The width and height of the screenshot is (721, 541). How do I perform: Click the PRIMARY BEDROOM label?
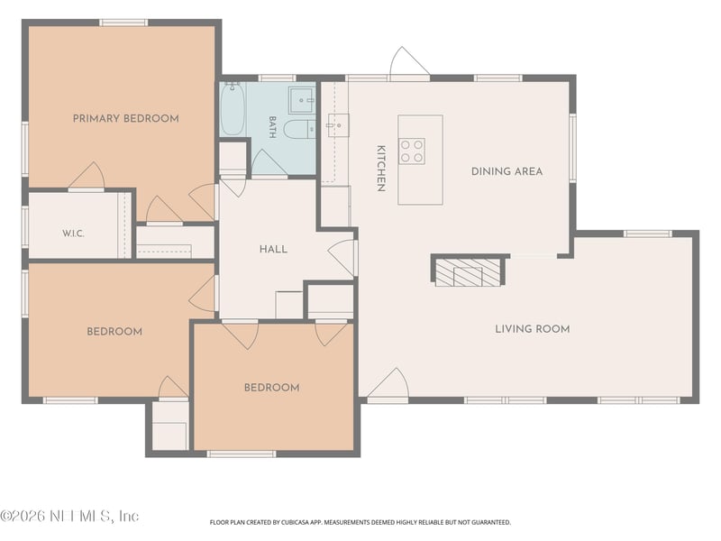click(126, 119)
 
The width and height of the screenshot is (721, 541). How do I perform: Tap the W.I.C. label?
click(73, 234)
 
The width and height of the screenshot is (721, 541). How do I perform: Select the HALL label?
click(274, 250)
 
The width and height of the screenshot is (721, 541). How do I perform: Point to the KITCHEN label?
click(380, 169)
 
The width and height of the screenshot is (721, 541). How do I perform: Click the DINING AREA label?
click(507, 171)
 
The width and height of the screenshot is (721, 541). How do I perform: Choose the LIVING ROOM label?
click(533, 329)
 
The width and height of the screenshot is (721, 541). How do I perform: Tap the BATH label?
click(272, 127)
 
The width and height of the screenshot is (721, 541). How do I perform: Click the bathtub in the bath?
click(233, 109)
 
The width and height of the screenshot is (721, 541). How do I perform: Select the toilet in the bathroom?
click(299, 129)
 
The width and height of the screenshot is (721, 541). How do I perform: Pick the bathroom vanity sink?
click(302, 100)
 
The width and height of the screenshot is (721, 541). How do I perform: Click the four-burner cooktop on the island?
click(412, 151)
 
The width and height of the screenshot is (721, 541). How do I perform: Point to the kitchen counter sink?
click(338, 125)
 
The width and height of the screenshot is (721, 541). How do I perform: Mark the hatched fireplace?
click(467, 272)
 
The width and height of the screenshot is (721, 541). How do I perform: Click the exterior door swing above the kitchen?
click(408, 62)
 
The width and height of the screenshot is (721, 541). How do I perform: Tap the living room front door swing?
click(388, 383)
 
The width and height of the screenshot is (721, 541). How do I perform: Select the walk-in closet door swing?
click(87, 175)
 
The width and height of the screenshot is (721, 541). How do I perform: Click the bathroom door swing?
click(269, 162)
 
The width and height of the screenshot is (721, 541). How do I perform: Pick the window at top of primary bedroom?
click(123, 23)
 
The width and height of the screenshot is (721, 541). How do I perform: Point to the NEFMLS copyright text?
click(69, 516)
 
